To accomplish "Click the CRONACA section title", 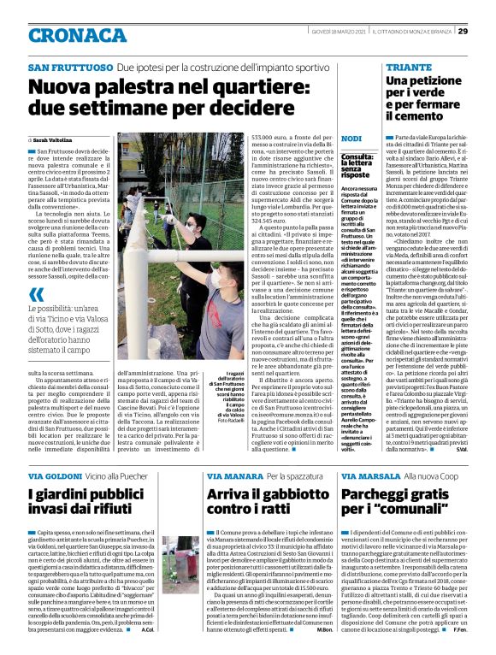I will click(x=68, y=33).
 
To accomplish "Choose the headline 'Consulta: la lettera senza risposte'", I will click(x=357, y=166).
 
